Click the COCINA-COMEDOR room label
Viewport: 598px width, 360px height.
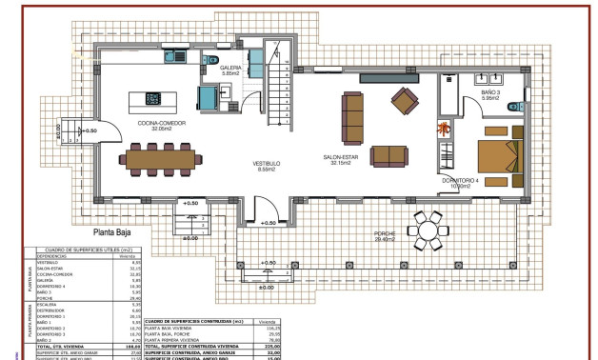160,125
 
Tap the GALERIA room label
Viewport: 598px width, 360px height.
231,70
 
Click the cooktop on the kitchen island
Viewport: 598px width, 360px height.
152,98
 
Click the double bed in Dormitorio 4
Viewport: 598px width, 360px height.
499,153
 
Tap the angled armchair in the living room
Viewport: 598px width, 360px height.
405,99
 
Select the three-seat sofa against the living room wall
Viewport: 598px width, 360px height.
353,116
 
